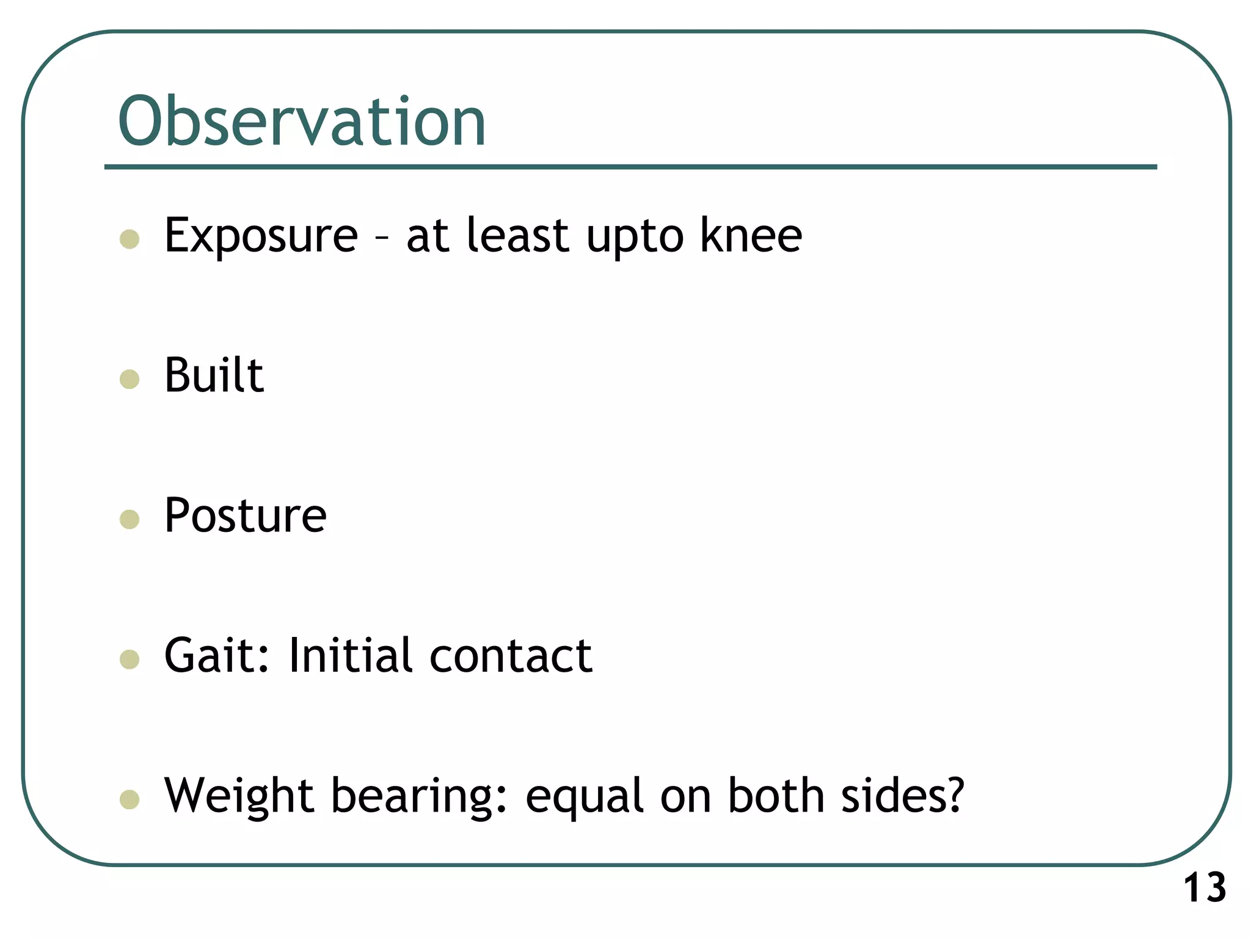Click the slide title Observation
[302, 122]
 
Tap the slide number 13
[1205, 888]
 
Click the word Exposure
[261, 236]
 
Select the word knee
[751, 236]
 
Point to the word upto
[635, 238]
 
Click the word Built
[214, 375]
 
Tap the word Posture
[246, 515]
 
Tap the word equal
[584, 799]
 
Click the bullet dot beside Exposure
[129, 239]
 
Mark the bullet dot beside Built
[129, 379]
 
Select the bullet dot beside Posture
[129, 520]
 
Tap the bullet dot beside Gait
[129, 660]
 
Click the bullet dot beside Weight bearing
[129, 799]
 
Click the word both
[776, 796]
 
